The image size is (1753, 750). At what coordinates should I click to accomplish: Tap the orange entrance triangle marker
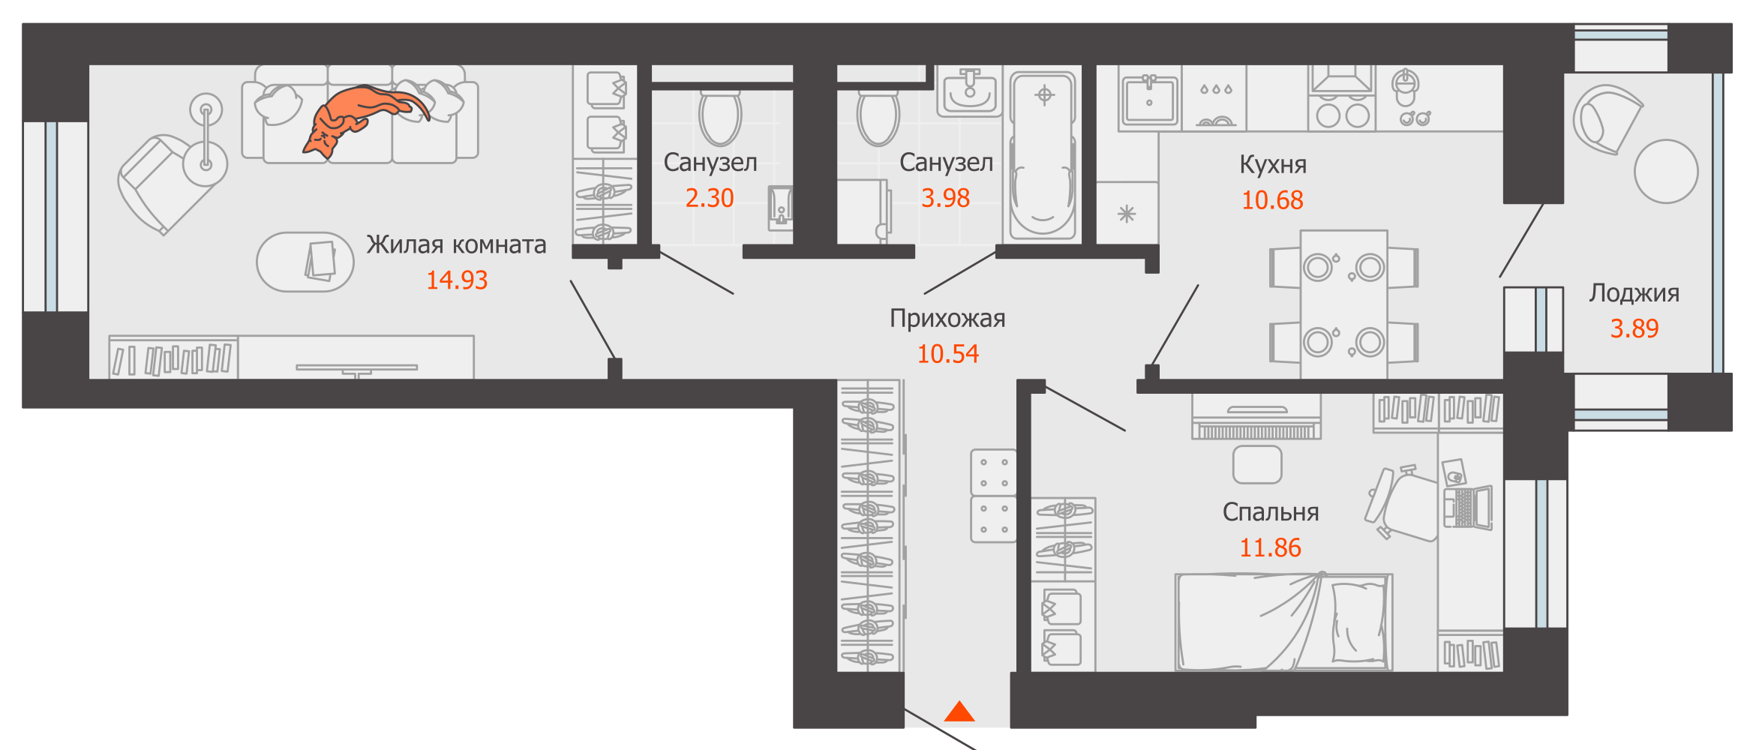(959, 712)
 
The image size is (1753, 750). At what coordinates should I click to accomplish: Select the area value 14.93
(457, 280)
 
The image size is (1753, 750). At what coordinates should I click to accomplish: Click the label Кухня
(1272, 164)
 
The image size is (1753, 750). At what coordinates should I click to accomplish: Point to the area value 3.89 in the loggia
(1634, 328)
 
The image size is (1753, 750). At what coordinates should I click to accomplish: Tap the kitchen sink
(1149, 99)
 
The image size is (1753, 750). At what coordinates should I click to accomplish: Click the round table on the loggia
(1666, 171)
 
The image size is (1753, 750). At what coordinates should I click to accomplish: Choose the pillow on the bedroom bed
(1358, 622)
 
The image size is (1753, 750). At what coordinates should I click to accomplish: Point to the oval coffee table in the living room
(305, 262)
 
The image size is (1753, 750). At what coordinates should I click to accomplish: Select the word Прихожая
(947, 318)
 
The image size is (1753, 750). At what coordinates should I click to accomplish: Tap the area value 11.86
(1270, 548)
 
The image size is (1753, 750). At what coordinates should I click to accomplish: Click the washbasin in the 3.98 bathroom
(970, 92)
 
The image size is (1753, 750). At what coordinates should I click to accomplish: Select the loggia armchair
(1605, 118)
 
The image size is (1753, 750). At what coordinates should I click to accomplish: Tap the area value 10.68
(1272, 200)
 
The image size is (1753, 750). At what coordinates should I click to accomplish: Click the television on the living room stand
(357, 368)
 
